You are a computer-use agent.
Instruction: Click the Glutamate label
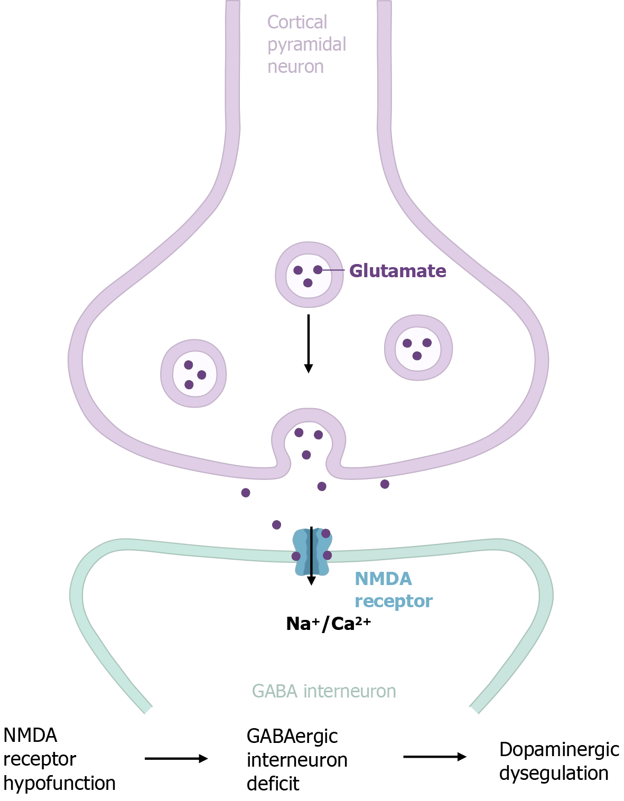(x=397, y=271)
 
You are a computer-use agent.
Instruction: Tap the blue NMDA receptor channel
(x=312, y=552)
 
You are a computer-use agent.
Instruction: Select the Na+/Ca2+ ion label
(x=328, y=624)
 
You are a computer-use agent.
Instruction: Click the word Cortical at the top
(x=297, y=22)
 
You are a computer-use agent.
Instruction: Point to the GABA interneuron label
(x=324, y=691)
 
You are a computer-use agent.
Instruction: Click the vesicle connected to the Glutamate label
(x=309, y=275)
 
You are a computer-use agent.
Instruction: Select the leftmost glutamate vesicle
(x=193, y=373)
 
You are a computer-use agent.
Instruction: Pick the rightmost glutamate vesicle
(x=418, y=347)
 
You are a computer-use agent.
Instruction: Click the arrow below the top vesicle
(x=309, y=343)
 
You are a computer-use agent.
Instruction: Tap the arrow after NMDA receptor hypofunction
(x=176, y=759)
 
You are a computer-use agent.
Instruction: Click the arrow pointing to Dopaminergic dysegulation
(x=434, y=757)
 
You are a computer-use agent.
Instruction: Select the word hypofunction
(x=59, y=783)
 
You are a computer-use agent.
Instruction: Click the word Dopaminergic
(x=559, y=750)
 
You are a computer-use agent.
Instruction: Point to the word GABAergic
(x=292, y=736)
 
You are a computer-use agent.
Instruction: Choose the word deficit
(x=273, y=784)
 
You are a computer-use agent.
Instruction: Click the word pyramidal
(x=306, y=45)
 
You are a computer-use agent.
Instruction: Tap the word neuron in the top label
(x=295, y=67)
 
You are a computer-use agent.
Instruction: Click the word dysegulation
(x=554, y=774)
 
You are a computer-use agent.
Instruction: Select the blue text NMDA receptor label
(x=393, y=590)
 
